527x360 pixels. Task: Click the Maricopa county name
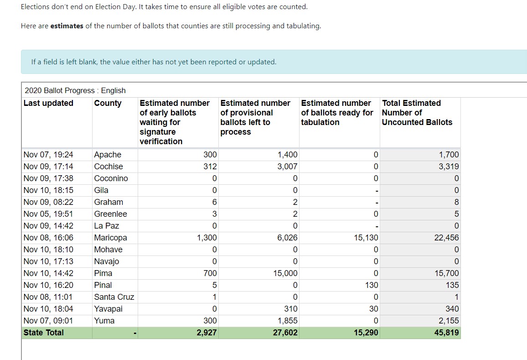click(x=111, y=238)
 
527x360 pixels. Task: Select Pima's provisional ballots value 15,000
click(x=285, y=273)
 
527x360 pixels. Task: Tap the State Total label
click(x=43, y=333)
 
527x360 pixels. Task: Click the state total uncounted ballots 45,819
click(x=446, y=333)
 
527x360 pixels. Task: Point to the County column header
click(x=108, y=103)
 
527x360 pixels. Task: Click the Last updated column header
click(x=48, y=103)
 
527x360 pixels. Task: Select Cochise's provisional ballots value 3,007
click(x=287, y=167)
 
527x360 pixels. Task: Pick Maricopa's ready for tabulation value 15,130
click(x=366, y=238)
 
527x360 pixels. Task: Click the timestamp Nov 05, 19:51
click(x=48, y=214)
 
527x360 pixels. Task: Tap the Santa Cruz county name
click(x=114, y=297)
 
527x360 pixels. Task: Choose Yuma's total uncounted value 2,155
click(x=449, y=321)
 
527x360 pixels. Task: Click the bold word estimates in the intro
click(x=67, y=26)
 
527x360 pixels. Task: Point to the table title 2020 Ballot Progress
click(x=60, y=90)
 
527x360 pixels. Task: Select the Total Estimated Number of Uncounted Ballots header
click(x=417, y=113)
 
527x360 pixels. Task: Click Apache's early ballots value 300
click(x=210, y=155)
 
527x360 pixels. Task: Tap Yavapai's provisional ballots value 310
click(x=291, y=309)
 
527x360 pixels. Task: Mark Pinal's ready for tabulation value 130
click(x=372, y=285)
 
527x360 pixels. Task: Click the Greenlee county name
click(x=111, y=214)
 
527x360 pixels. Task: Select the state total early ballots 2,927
click(x=207, y=333)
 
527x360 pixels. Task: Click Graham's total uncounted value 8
click(x=456, y=202)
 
